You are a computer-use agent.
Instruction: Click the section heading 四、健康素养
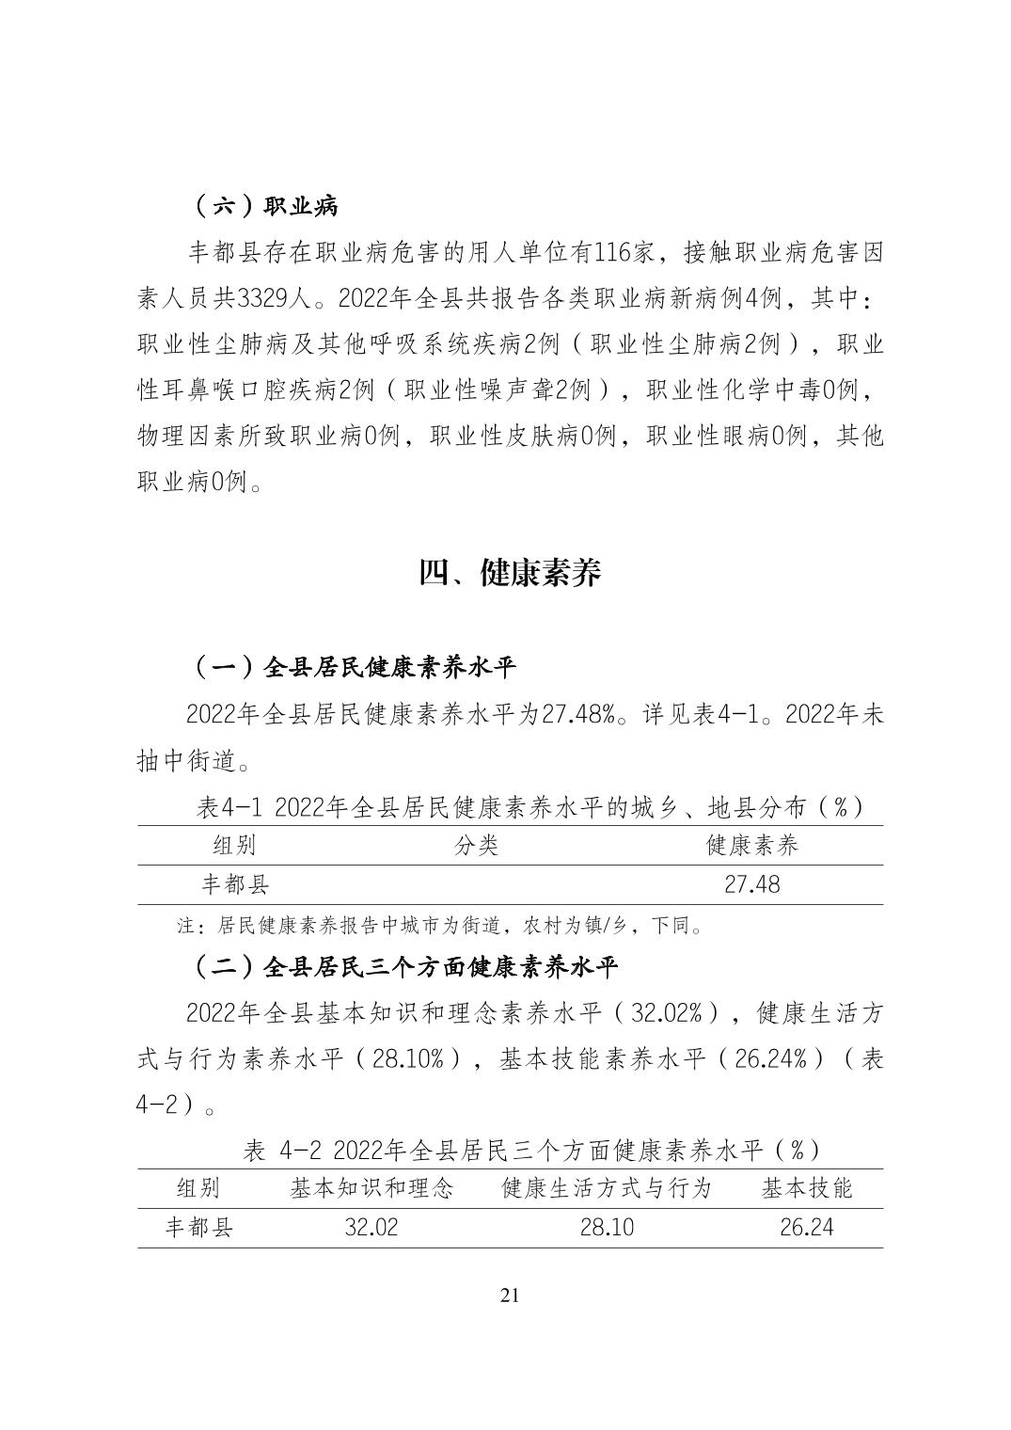pyautogui.click(x=510, y=573)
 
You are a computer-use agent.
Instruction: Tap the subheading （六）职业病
pyautogui.click(x=265, y=206)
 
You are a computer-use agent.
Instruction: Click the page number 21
pyautogui.click(x=510, y=1295)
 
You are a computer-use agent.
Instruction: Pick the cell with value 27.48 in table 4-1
pyautogui.click(x=751, y=884)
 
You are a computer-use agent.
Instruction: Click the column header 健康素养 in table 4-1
pyautogui.click(x=751, y=845)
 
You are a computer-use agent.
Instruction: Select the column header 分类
pyautogui.click(x=476, y=845)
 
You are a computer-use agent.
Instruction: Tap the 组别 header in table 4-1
pyautogui.click(x=234, y=845)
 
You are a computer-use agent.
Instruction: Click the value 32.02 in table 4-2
pyautogui.click(x=371, y=1228)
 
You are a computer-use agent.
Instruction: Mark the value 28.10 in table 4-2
pyautogui.click(x=607, y=1228)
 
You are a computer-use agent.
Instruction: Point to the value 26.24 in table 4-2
pyautogui.click(x=806, y=1228)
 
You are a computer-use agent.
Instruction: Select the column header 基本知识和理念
pyautogui.click(x=371, y=1188)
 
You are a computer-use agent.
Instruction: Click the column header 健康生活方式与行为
pyautogui.click(x=607, y=1188)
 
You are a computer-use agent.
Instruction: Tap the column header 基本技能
pyautogui.click(x=806, y=1188)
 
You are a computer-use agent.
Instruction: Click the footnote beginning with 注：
pyautogui.click(x=441, y=926)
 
